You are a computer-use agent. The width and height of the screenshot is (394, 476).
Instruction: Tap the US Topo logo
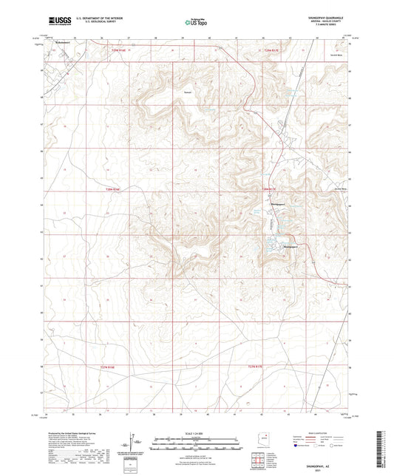pyautogui.click(x=195, y=22)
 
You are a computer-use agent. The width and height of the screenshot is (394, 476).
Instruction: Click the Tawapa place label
pyautogui.click(x=188, y=92)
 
